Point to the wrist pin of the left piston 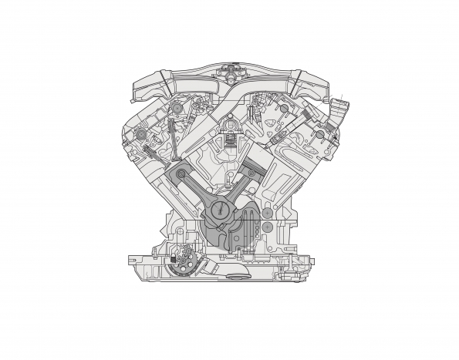tap(180, 177)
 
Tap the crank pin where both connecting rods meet tap(222, 208)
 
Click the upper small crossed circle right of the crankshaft tap(266, 211)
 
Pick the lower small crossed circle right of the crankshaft tap(266, 228)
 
